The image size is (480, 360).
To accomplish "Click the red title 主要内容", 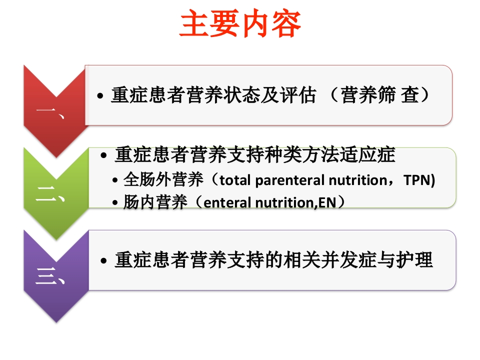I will pos(240,25).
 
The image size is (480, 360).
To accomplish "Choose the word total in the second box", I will pos(236,180).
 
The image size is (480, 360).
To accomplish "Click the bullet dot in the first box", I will pos(101,96).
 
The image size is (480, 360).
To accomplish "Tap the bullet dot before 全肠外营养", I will pos(116,180).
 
